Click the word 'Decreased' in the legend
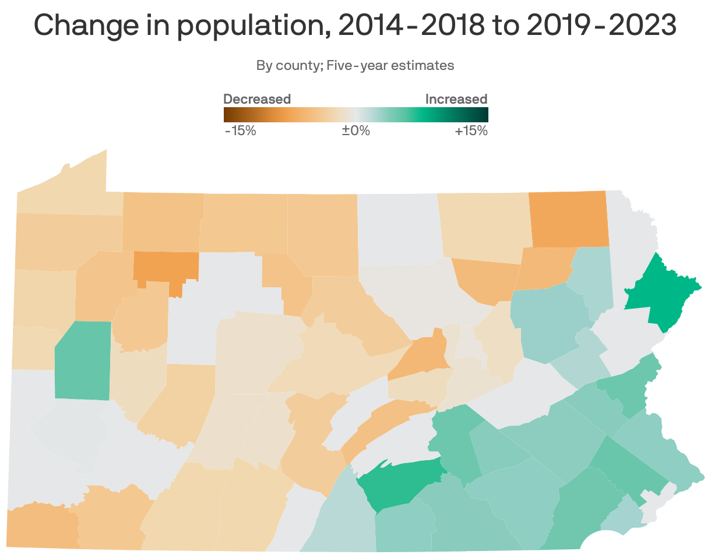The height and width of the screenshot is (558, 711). pos(257,99)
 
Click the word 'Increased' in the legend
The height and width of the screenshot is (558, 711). pos(456,99)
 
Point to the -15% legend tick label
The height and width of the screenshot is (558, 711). pos(240,130)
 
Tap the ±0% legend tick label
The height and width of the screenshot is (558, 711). pos(355,130)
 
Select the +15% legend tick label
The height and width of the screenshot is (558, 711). pos(470,130)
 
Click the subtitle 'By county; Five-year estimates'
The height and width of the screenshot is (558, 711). pos(355,65)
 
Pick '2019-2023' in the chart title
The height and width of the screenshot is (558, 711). pos(601,26)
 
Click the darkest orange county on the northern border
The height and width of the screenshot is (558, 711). pos(568,218)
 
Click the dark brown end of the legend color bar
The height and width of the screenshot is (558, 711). pos(228,114)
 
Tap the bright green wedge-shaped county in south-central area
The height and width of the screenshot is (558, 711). pos(402,481)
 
